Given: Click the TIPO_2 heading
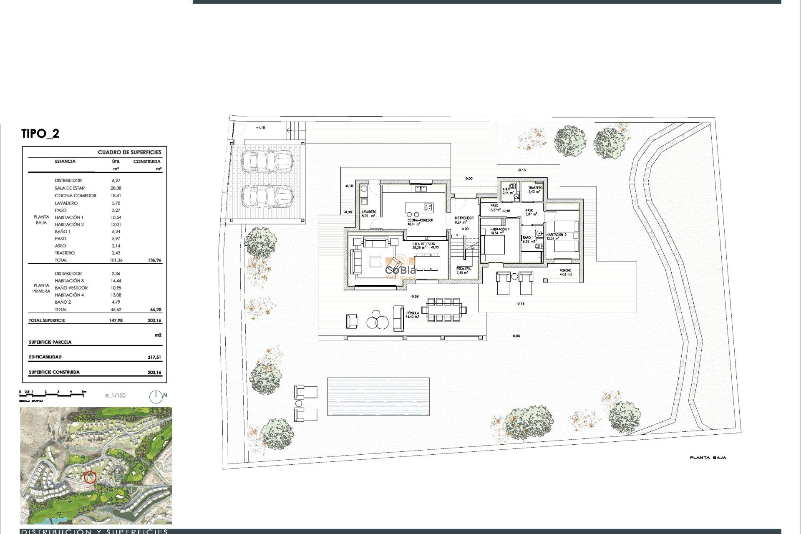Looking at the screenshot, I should click(40, 133).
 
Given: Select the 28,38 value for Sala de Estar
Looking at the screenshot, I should click(116, 188).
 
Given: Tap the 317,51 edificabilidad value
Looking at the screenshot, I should click(154, 358).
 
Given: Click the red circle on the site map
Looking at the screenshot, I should click(90, 477).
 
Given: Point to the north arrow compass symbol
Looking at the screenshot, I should click(156, 396).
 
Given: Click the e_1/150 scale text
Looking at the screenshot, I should click(115, 395).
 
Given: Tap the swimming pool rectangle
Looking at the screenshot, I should click(378, 396).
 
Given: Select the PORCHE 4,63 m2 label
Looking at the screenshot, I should click(565, 272).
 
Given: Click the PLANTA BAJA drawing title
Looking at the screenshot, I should click(708, 458).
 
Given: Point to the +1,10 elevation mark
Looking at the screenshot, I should click(260, 128).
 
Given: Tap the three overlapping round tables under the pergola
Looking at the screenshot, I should click(377, 321).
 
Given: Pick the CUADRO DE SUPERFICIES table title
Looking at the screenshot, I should click(129, 152).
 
